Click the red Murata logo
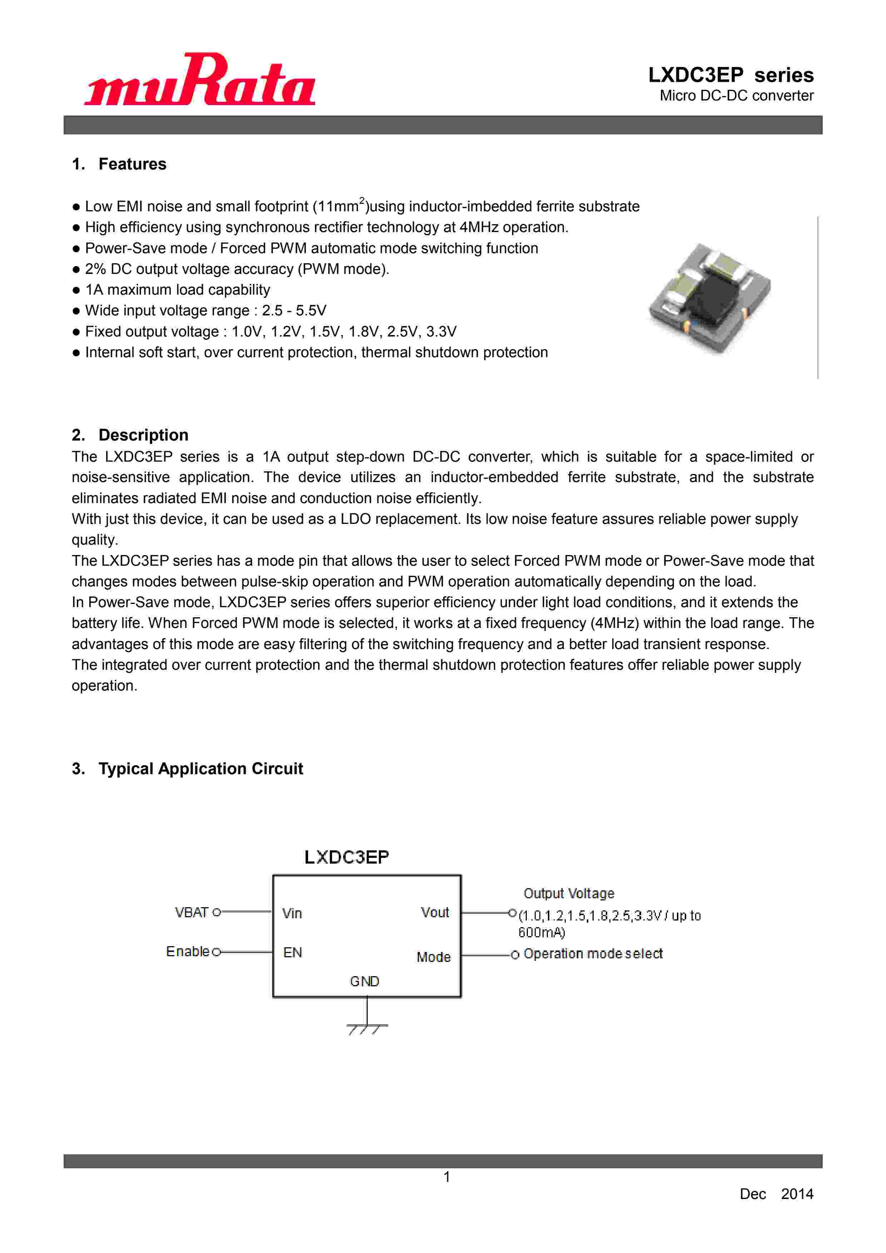[x=200, y=80]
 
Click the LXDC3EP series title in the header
[x=731, y=75]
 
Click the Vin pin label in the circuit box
[x=292, y=913]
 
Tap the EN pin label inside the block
[x=292, y=952]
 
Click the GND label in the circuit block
[x=365, y=981]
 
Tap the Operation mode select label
[x=593, y=953]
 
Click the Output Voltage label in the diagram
[x=569, y=893]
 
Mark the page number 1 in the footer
[x=447, y=1177]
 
